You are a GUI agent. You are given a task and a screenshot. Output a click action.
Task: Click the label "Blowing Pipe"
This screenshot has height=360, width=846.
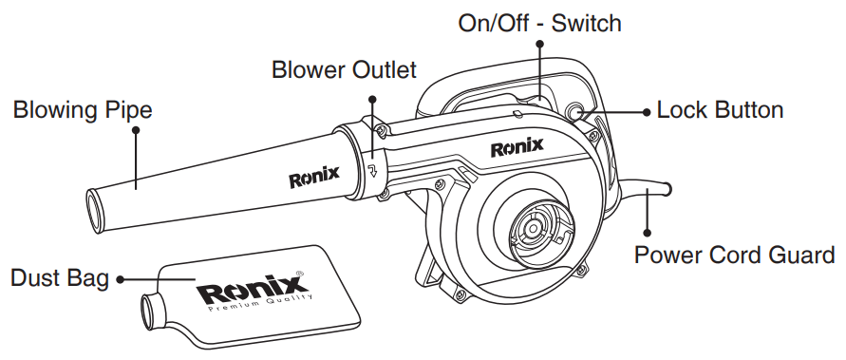pyautogui.click(x=82, y=111)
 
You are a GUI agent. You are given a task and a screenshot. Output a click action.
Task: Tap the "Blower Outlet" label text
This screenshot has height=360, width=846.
pyautogui.click(x=344, y=70)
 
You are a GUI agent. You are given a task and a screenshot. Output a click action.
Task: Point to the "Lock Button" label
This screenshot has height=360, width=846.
pyautogui.click(x=721, y=110)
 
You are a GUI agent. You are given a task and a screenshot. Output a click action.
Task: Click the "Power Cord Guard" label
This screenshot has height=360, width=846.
pyautogui.click(x=734, y=255)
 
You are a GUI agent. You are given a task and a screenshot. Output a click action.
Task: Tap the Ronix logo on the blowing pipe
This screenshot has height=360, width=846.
pyautogui.click(x=308, y=178)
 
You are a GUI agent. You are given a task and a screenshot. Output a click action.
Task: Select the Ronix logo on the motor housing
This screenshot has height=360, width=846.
pyautogui.click(x=517, y=147)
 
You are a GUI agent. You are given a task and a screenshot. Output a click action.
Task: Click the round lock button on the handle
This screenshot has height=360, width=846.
pyautogui.click(x=577, y=112)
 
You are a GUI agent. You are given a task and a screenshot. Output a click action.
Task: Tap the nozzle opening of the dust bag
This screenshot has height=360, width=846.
pyautogui.click(x=149, y=311)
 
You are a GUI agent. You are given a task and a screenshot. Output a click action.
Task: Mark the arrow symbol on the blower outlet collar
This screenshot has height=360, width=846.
pyautogui.click(x=373, y=172)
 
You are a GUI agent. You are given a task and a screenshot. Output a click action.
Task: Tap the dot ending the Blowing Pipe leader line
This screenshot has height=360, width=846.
pyautogui.click(x=136, y=134)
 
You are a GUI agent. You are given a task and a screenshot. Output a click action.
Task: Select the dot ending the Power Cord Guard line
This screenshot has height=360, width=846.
pyautogui.click(x=648, y=231)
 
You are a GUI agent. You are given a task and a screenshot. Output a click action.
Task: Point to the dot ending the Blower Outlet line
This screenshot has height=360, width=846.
pyautogui.click(x=373, y=98)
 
